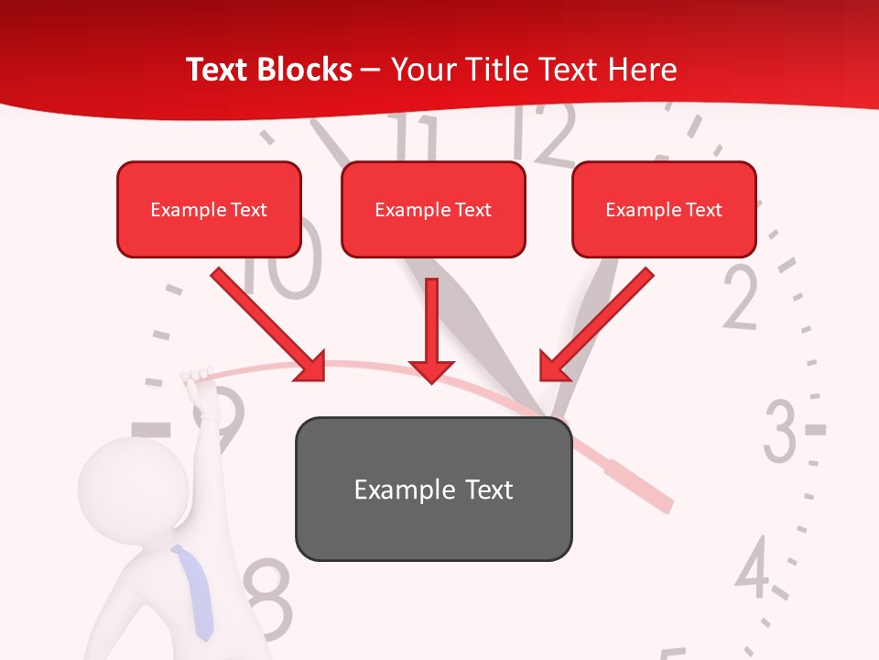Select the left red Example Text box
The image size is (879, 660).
(x=209, y=209)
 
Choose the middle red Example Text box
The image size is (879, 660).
(x=433, y=209)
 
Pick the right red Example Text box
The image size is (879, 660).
(x=664, y=209)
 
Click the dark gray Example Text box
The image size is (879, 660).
(x=433, y=489)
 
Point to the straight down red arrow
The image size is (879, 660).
(x=431, y=330)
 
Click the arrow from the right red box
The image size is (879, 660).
(x=595, y=325)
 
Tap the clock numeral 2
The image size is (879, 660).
(x=741, y=298)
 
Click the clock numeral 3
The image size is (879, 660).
(x=780, y=431)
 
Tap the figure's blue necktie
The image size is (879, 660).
(x=195, y=592)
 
